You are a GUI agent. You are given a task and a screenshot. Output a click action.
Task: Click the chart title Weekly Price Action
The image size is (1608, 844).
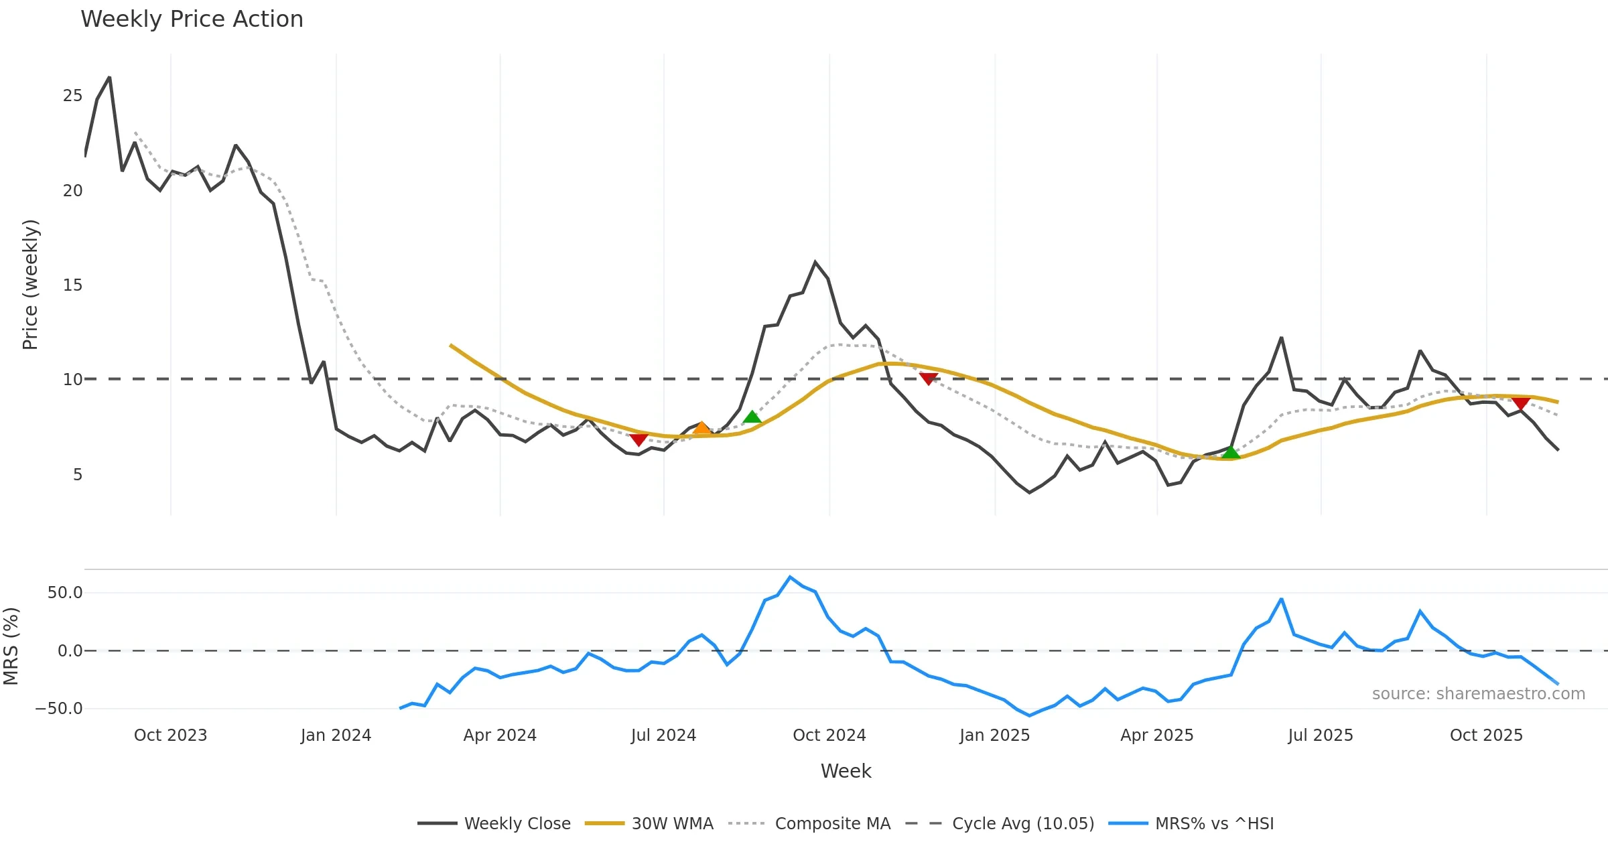click(x=192, y=19)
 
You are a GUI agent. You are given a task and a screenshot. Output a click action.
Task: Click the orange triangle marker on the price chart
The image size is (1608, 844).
click(x=701, y=428)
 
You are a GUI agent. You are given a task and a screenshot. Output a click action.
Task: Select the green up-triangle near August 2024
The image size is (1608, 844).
click(x=752, y=417)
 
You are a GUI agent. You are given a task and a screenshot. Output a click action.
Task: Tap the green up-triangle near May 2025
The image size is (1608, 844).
click(x=1231, y=453)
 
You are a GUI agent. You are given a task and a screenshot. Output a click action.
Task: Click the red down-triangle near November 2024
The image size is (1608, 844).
click(x=928, y=378)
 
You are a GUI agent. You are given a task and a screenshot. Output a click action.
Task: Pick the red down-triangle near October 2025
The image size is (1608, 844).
click(x=1520, y=403)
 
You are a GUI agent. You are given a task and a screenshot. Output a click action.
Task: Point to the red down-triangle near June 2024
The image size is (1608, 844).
click(x=639, y=439)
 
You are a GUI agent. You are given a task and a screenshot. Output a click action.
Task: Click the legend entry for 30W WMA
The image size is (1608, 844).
click(x=649, y=823)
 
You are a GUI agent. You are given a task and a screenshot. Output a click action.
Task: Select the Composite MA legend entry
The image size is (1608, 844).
click(x=809, y=823)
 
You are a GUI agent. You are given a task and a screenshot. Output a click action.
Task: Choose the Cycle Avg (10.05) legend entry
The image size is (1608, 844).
click(x=1000, y=823)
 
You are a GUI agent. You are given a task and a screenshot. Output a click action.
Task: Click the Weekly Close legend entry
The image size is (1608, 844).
click(x=494, y=823)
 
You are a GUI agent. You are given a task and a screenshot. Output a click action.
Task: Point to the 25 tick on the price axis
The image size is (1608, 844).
click(x=72, y=96)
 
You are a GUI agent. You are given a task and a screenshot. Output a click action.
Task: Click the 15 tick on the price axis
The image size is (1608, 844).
click(x=72, y=285)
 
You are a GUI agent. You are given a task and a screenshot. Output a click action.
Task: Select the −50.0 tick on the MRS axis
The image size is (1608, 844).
click(x=59, y=709)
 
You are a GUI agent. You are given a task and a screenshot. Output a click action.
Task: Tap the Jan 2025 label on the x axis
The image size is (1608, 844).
click(x=994, y=735)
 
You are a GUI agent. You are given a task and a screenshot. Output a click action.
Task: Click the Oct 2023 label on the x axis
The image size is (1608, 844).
click(x=170, y=735)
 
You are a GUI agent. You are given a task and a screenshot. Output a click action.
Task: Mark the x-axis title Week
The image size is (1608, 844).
click(x=846, y=771)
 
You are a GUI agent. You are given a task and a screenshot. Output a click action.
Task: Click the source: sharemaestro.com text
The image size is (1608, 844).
click(x=1478, y=694)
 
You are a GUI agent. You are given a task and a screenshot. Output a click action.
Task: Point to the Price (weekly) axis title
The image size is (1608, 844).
click(x=30, y=285)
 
